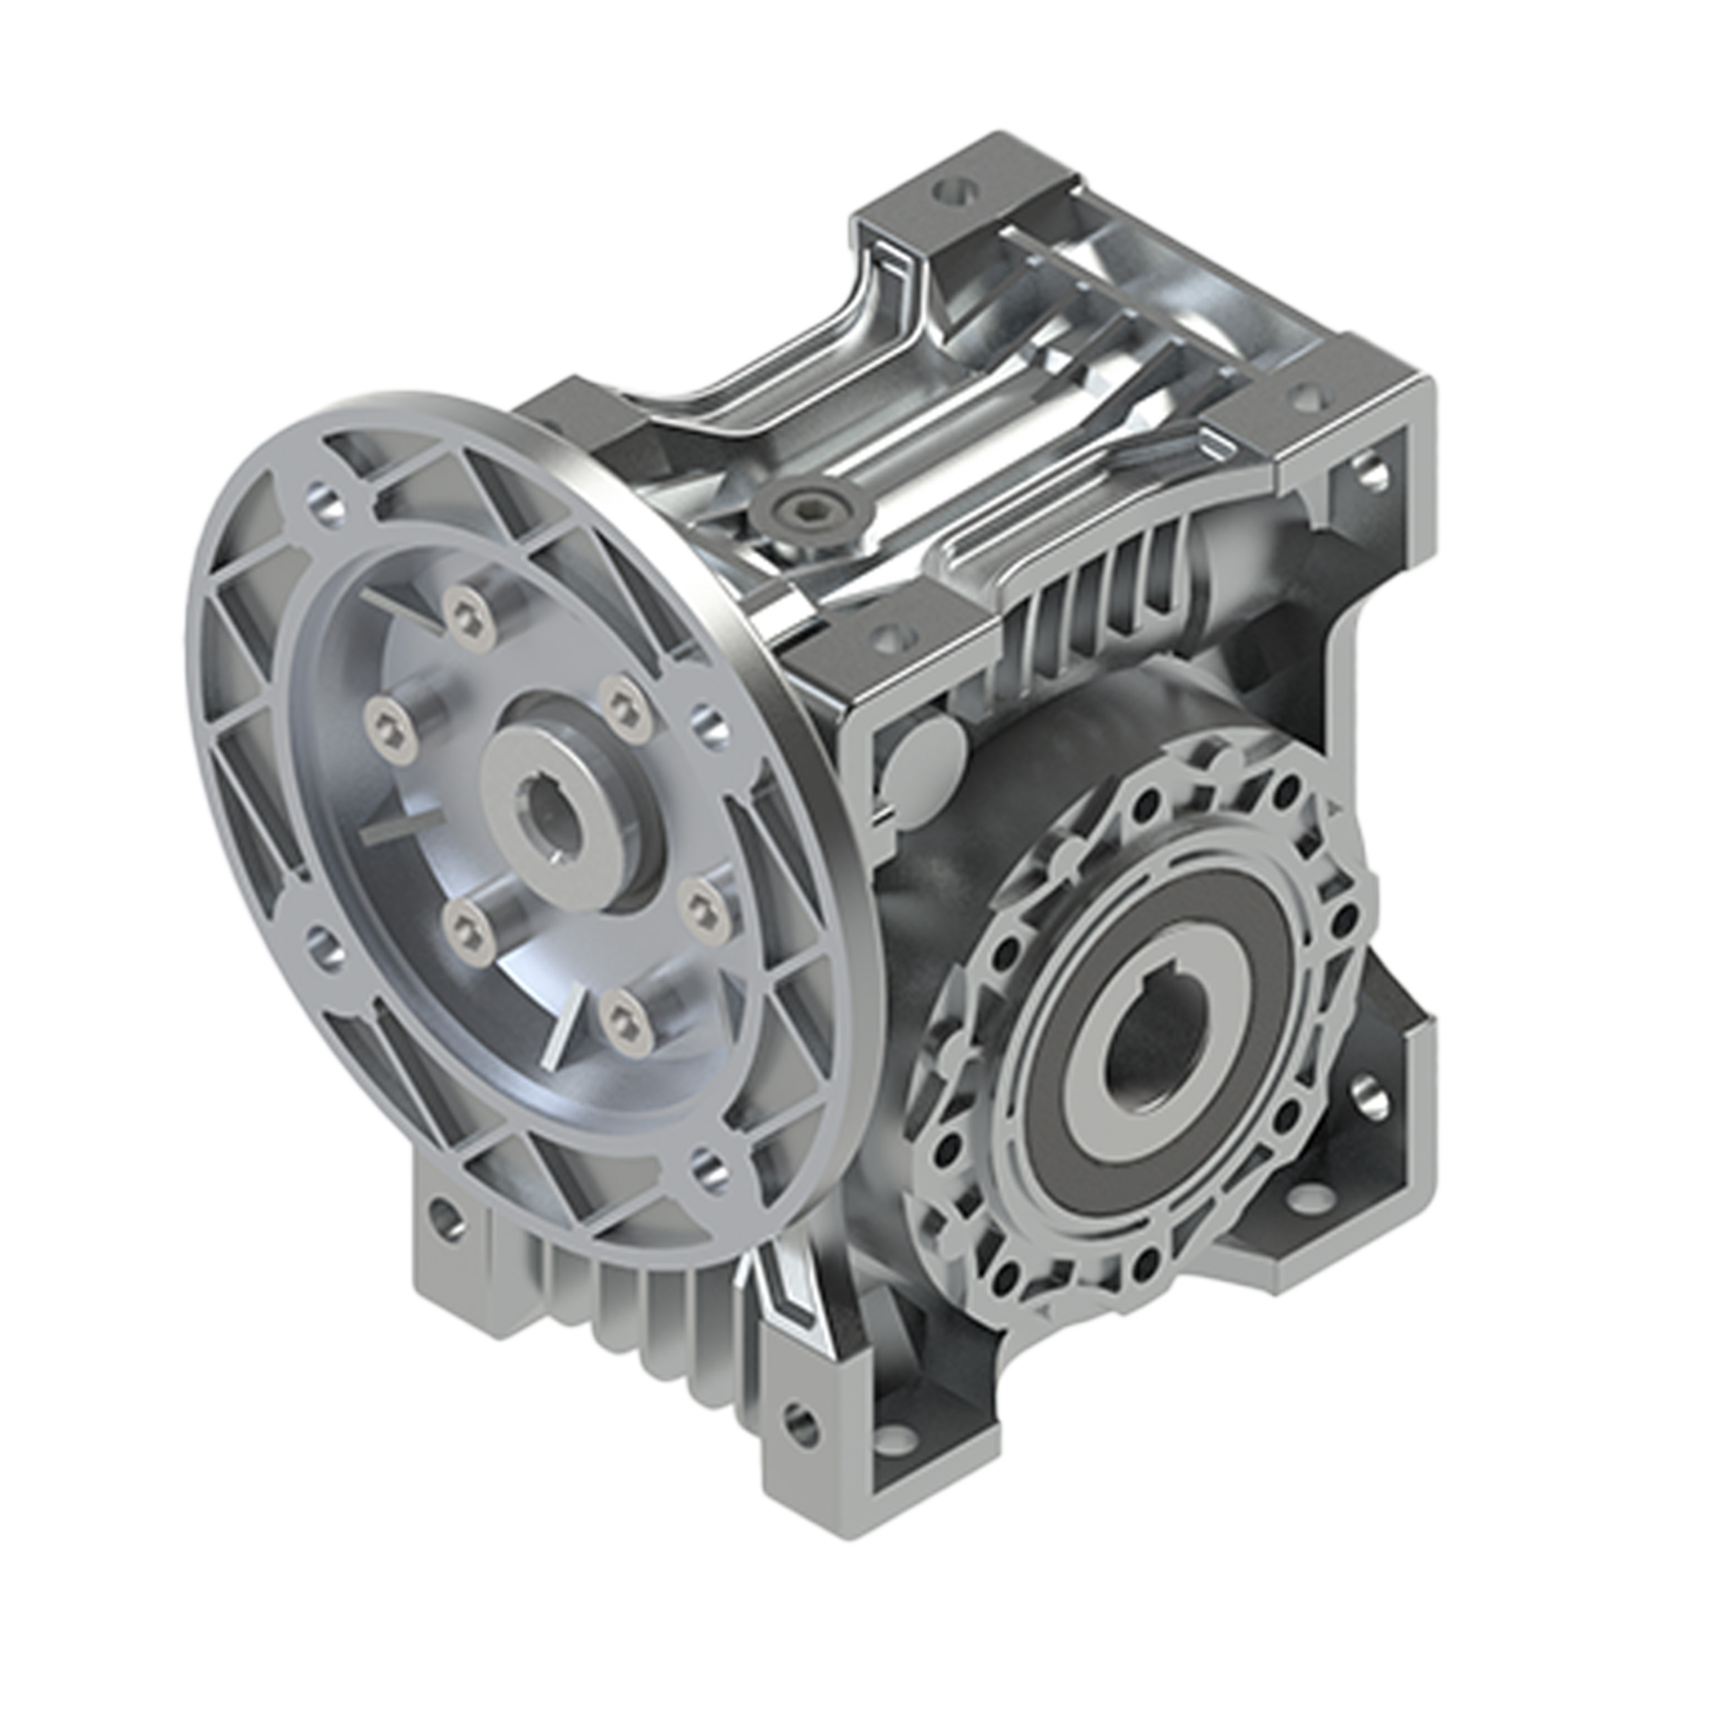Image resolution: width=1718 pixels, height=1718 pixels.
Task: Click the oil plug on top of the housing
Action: click(807, 509)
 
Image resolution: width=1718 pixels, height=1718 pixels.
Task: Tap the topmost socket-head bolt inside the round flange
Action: click(469, 614)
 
